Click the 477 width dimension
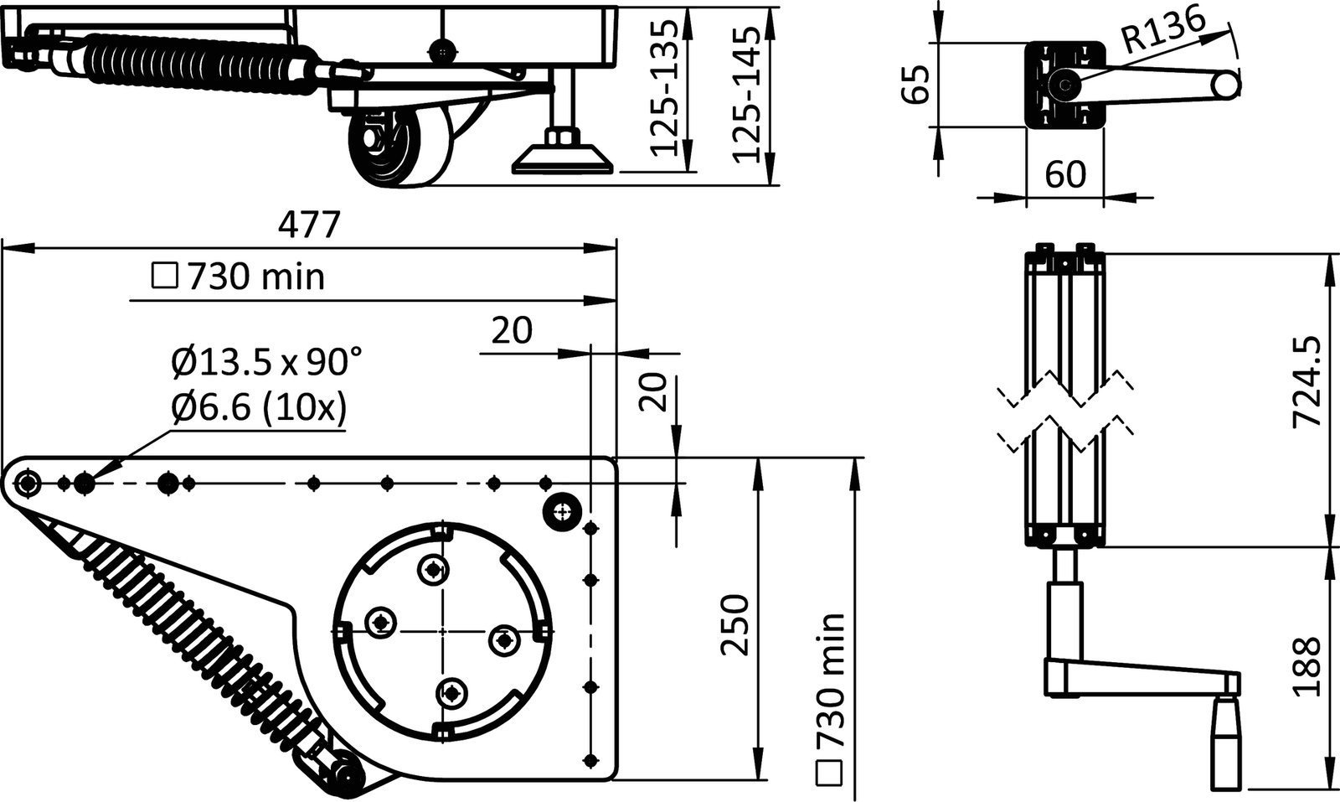coord(309,225)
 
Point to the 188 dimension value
coord(1307,666)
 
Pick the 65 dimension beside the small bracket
coord(919,84)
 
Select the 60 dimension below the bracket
coord(1065,174)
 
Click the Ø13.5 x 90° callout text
coord(266,362)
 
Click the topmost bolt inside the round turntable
coord(432,569)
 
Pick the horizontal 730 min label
coord(240,276)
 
